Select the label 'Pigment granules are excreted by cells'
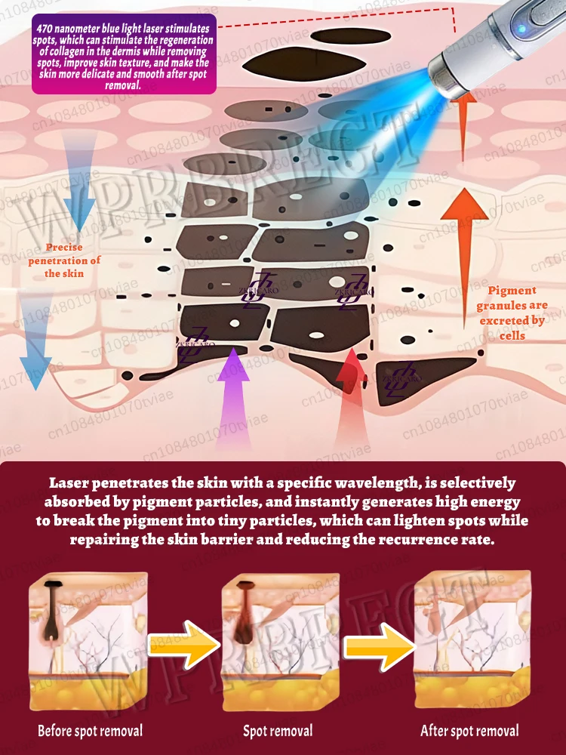[512, 312]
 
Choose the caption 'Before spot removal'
[91, 730]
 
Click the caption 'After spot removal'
[469, 730]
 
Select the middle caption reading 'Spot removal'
[278, 731]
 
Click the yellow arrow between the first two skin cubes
[185, 643]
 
